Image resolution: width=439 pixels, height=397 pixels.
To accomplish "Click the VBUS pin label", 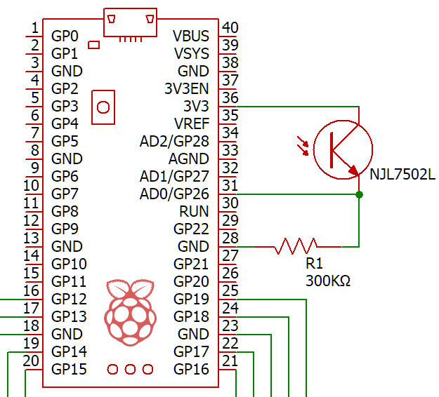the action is [191, 36].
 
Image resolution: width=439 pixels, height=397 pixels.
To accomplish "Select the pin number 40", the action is [230, 27].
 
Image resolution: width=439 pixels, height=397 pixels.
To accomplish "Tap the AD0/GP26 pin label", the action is [174, 194].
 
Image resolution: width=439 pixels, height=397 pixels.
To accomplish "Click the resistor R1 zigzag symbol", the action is [296, 246].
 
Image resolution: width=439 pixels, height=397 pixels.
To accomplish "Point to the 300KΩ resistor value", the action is [328, 281].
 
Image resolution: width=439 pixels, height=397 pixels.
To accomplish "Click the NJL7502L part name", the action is [402, 175].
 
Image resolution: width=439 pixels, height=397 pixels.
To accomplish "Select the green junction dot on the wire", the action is [359, 194].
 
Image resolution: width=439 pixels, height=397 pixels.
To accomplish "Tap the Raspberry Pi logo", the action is [130, 312].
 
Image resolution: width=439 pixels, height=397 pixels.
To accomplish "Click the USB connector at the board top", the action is [130, 22].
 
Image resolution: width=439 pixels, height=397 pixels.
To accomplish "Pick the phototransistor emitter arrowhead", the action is [353, 170].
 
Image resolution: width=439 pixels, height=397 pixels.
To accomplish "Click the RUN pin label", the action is [194, 211].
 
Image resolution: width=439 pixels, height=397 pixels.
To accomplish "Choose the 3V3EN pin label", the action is [186, 88].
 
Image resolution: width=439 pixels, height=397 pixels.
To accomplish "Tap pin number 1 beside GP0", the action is [35, 27].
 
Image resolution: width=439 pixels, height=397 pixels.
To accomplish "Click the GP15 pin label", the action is [69, 369].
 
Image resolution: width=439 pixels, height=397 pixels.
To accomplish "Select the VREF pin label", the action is [192, 123].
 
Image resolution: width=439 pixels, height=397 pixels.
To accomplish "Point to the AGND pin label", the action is [189, 159].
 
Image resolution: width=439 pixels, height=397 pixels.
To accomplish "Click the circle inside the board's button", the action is [103, 107].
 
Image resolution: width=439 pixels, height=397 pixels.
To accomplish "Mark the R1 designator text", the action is [315, 263].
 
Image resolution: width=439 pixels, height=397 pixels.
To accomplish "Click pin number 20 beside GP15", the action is [31, 361].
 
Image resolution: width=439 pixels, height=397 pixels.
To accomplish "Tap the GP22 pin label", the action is [191, 229].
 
